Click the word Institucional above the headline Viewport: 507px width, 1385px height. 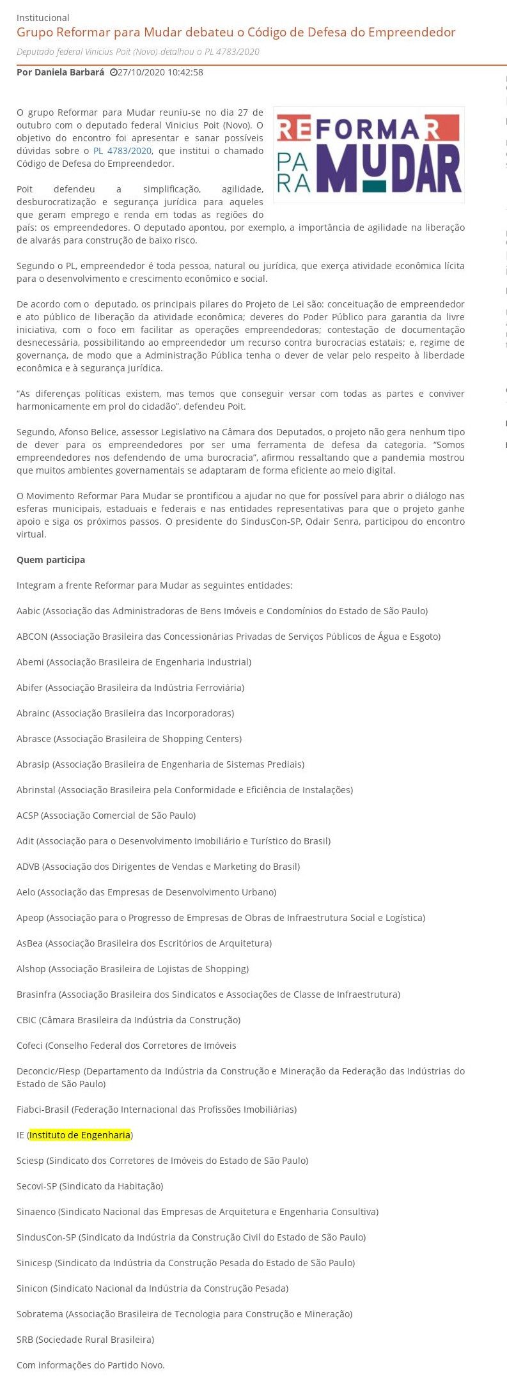point(43,18)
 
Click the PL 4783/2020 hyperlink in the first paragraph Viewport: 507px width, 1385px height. point(122,151)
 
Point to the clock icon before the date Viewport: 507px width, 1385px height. point(113,73)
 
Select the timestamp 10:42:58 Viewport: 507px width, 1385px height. point(185,72)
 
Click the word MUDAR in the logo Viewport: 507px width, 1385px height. point(389,168)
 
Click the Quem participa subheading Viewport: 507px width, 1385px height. point(51,560)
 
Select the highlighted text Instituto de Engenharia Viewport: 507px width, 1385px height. point(80,1135)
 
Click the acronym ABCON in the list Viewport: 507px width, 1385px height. point(32,637)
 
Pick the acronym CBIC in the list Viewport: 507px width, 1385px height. point(26,1020)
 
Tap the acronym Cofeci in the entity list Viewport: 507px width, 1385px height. point(30,1046)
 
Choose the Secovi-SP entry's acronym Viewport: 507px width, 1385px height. point(36,1186)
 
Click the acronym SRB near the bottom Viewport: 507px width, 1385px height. point(25,1340)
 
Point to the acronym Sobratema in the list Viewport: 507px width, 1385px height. point(40,1314)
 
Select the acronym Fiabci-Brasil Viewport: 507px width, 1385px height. point(43,1110)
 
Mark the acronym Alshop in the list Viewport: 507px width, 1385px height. point(31,969)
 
